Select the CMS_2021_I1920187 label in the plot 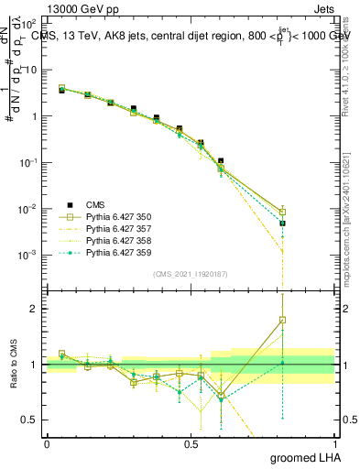click(191, 274)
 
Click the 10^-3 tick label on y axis click(28, 255)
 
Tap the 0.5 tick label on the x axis click(191, 442)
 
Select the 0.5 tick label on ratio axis click(30, 420)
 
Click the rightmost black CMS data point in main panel click(283, 223)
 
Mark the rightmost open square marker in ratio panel click(283, 320)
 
